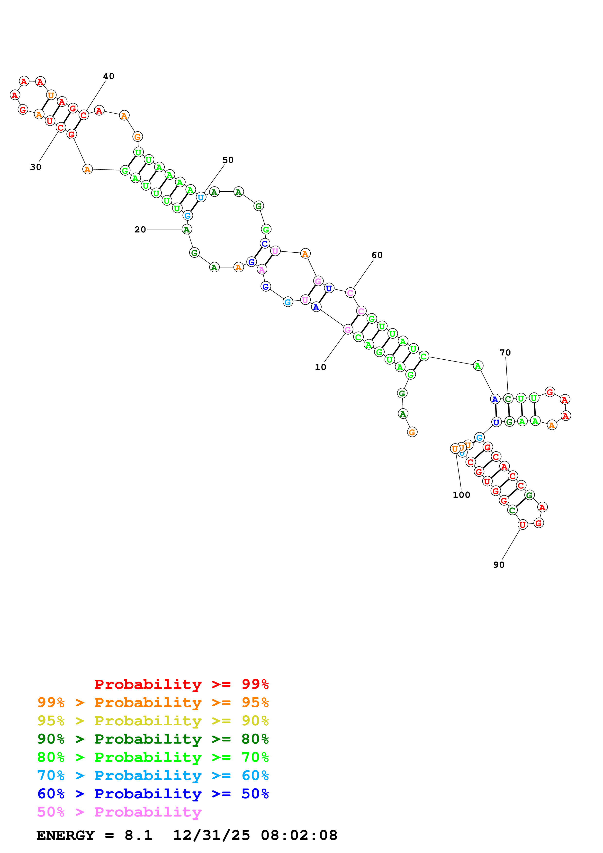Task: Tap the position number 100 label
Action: pos(461,495)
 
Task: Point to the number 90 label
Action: pos(499,565)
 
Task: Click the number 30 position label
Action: pos(36,167)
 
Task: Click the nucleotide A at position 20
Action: pos(187,229)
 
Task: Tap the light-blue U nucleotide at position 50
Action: pos(201,197)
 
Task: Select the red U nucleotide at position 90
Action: pos(523,525)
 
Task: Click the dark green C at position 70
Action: pos(508,399)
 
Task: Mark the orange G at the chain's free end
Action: pos(412,432)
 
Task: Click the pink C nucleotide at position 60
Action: pos(350,293)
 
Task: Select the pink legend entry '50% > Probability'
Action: pos(119,812)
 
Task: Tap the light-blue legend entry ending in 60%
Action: pos(153,776)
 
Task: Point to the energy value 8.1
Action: pos(138,835)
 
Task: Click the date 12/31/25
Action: pos(211,835)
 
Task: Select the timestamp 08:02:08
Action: pos(299,835)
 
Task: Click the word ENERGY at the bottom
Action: pos(65,835)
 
